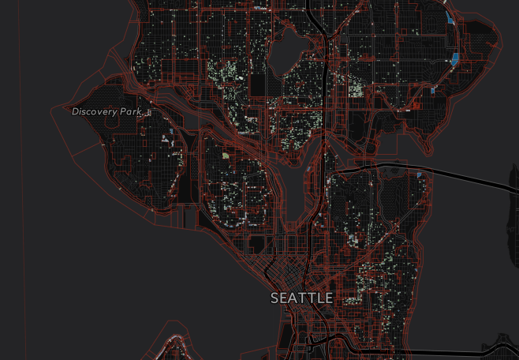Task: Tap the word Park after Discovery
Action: click(131, 112)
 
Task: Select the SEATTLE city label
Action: click(301, 298)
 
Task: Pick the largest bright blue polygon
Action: click(456, 58)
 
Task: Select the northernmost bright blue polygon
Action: click(449, 17)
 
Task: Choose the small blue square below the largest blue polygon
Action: click(433, 91)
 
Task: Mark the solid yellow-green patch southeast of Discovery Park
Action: click(226, 156)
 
